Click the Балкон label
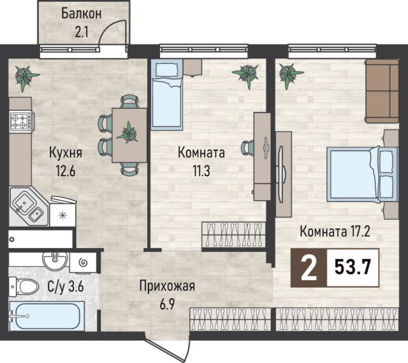click(81, 14)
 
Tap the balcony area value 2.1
click(82, 33)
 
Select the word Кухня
click(66, 152)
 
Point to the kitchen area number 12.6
click(65, 171)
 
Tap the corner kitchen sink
click(28, 206)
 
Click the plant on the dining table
click(127, 133)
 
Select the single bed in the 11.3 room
click(167, 94)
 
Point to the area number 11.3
click(201, 171)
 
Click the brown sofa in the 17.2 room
click(382, 91)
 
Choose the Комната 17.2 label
click(335, 231)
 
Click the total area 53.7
click(353, 268)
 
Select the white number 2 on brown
click(309, 268)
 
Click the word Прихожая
click(167, 286)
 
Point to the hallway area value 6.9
click(167, 304)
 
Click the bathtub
click(47, 316)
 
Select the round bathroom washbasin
click(55, 260)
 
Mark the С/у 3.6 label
click(66, 287)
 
